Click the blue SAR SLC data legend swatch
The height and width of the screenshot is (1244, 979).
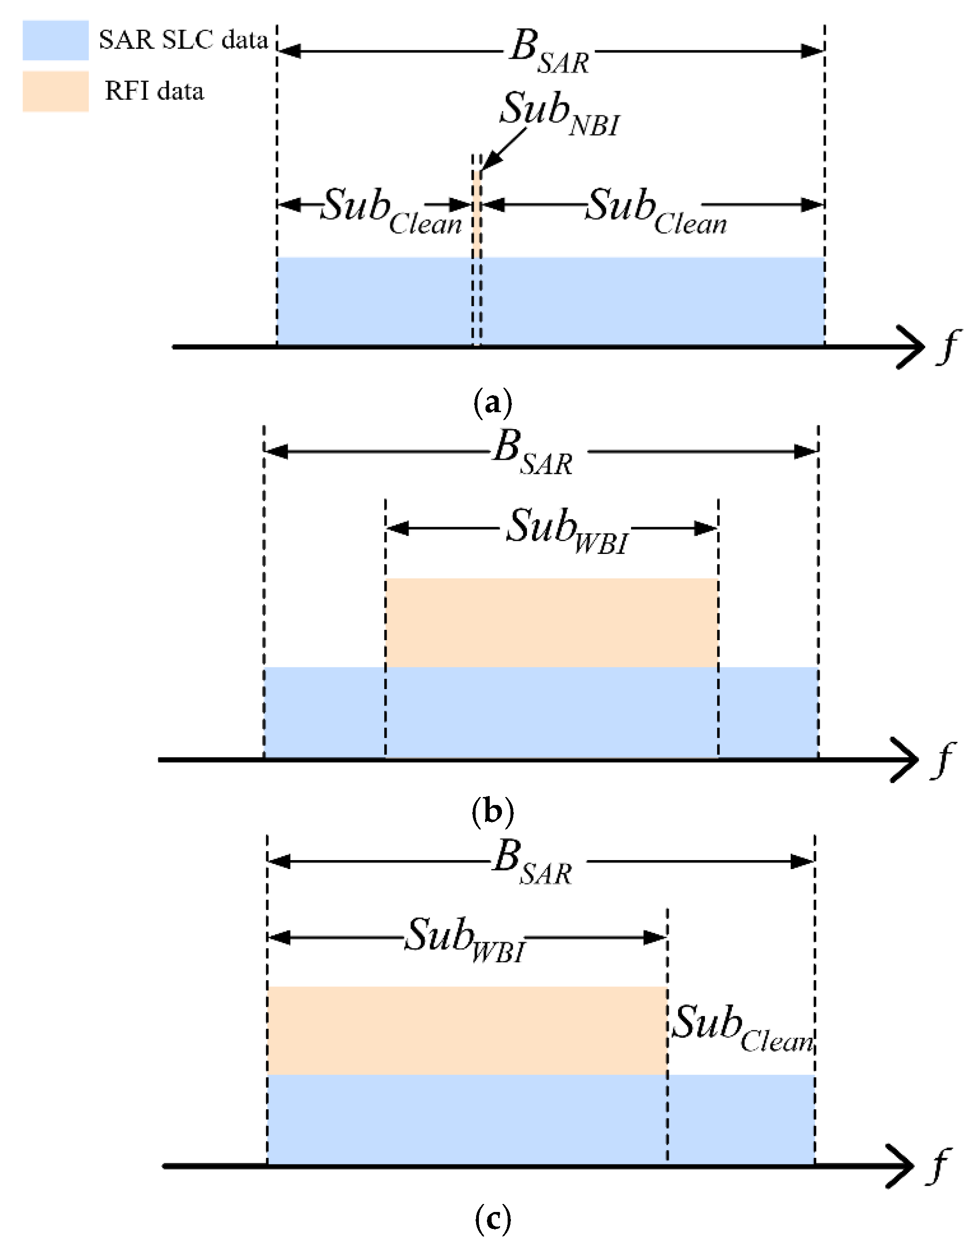(56, 40)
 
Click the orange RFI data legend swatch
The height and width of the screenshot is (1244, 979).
(56, 91)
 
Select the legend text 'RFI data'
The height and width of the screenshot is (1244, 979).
(154, 91)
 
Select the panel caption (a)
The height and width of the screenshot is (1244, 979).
(493, 404)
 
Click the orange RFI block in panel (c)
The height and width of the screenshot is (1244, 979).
(467, 1030)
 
